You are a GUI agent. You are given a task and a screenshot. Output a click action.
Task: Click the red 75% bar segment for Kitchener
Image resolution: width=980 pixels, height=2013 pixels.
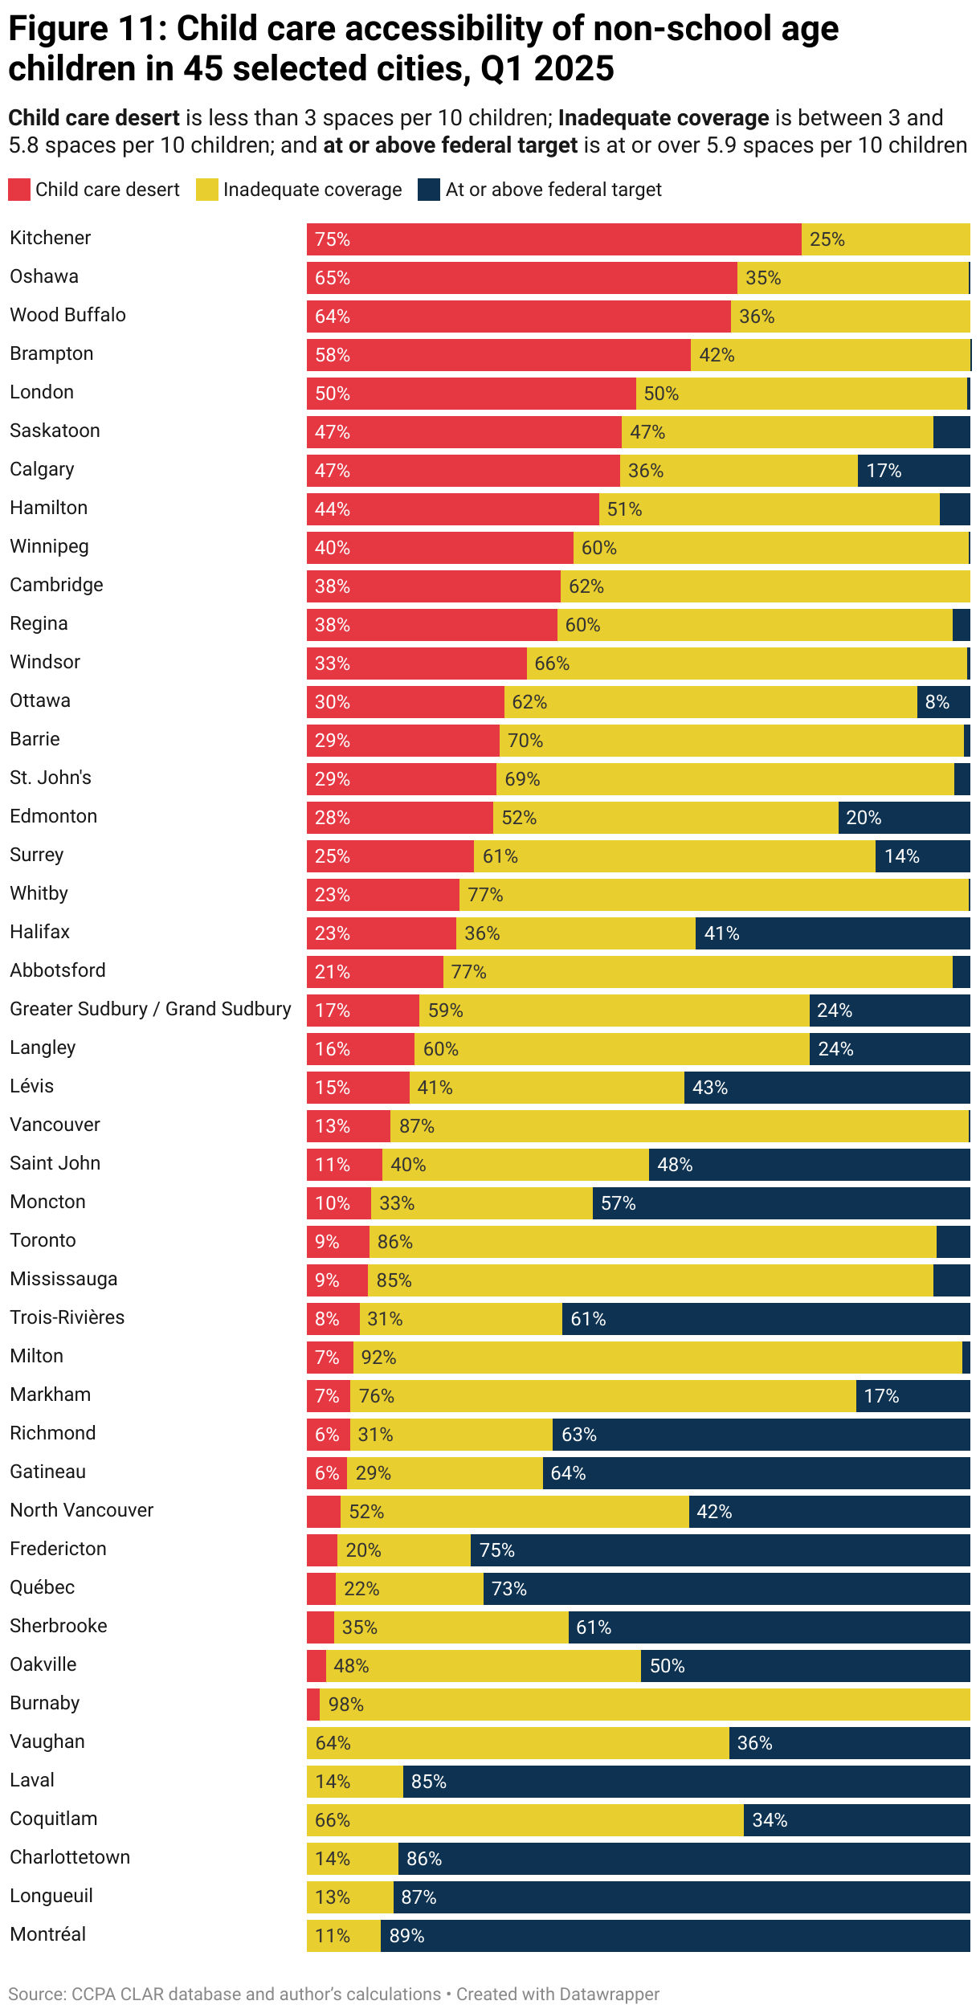click(553, 239)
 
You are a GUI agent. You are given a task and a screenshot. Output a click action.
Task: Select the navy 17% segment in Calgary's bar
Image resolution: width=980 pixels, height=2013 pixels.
click(913, 471)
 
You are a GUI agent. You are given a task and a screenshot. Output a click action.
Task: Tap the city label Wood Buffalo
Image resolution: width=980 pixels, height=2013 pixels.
click(67, 315)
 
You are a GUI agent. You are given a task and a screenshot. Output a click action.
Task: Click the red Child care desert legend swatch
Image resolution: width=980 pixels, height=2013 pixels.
click(19, 190)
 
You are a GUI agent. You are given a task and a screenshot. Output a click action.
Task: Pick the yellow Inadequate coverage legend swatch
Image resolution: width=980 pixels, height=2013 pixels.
click(207, 190)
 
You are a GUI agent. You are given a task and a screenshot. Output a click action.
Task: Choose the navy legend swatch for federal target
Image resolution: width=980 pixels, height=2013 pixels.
click(429, 190)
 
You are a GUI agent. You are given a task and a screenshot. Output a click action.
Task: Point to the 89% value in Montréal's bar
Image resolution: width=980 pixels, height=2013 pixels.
click(406, 1936)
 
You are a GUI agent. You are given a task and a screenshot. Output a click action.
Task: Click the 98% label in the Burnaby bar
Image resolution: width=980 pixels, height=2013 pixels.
click(345, 1705)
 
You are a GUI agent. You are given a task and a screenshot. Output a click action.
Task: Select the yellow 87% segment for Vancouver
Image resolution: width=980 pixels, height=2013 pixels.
click(679, 1126)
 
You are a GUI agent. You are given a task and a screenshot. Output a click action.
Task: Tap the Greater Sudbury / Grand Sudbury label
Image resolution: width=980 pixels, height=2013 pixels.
click(150, 1009)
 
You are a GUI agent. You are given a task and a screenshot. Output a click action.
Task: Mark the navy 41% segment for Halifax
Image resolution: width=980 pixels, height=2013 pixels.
click(832, 933)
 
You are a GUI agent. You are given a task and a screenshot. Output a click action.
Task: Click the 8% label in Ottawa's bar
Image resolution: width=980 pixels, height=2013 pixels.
click(937, 702)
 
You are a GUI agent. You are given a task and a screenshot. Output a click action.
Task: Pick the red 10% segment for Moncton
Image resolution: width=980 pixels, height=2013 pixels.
click(338, 1203)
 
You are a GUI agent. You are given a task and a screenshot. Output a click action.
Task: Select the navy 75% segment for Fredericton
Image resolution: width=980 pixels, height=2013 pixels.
click(720, 1550)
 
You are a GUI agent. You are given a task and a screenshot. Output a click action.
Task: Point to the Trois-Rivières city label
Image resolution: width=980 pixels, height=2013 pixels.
click(67, 1317)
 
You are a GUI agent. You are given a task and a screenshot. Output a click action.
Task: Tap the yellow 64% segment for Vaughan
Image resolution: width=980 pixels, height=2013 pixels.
click(517, 1743)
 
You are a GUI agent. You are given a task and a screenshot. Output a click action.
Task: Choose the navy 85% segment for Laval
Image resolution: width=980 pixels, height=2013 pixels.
click(686, 1782)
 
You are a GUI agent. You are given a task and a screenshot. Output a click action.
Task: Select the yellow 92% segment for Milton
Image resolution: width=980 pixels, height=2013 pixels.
click(657, 1358)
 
